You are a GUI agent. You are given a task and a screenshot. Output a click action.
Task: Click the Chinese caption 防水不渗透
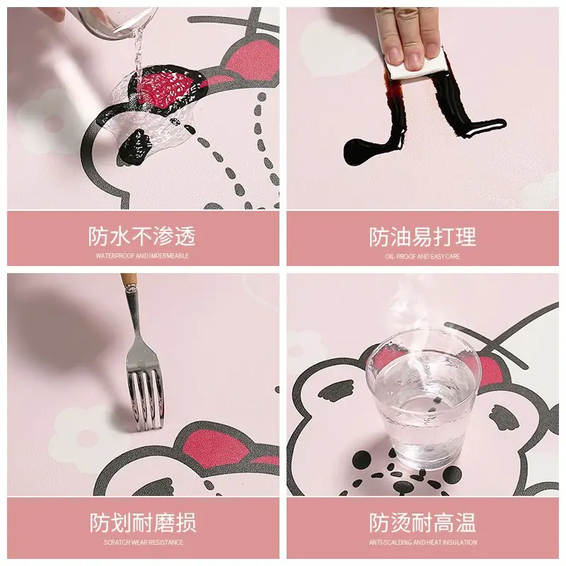(142, 236)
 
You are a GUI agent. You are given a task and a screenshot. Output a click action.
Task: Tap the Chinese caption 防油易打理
(422, 236)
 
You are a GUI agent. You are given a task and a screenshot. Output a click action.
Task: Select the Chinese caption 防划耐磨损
(142, 524)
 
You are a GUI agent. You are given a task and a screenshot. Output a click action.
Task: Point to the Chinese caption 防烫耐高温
(422, 524)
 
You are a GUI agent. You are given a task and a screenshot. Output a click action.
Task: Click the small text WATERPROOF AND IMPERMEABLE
(142, 255)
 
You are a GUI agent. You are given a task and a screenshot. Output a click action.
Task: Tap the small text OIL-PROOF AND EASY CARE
(422, 256)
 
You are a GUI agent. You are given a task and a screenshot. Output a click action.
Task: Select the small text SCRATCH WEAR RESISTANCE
(142, 543)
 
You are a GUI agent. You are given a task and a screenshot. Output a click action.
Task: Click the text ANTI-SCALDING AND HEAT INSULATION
(422, 543)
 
